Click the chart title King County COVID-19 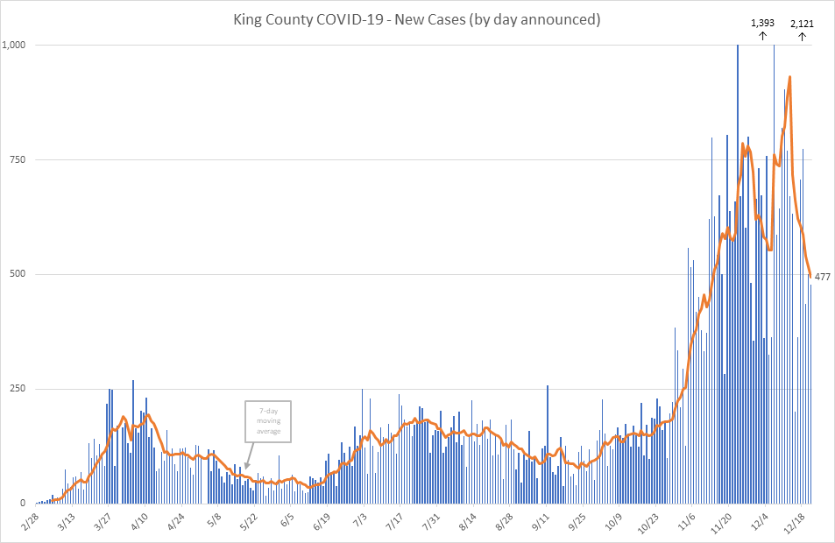416,18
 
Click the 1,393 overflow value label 762,23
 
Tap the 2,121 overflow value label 803,24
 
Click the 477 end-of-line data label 823,277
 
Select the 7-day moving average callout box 267,421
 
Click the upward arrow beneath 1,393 762,36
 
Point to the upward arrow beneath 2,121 803,36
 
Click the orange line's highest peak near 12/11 790,77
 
